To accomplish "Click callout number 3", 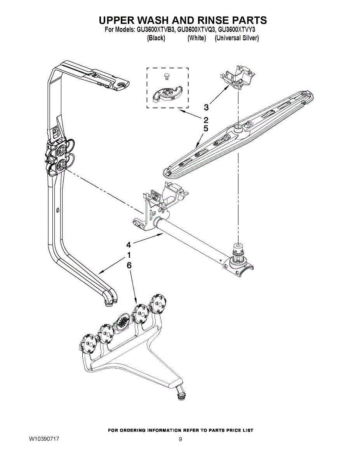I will pyautogui.click(x=206, y=107).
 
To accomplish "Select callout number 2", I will pyautogui.click(x=206, y=120).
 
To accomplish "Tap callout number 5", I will pyautogui.click(x=206, y=128).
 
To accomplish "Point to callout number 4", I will pyautogui.click(x=128, y=245).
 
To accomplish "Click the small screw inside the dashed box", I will pyautogui.click(x=167, y=76).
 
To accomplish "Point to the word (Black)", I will pyautogui.click(x=156, y=38).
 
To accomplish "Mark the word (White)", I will pyautogui.click(x=197, y=38).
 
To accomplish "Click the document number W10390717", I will pyautogui.click(x=44, y=439).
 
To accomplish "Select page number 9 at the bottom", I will pyautogui.click(x=180, y=439).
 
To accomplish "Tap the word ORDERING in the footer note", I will pyautogui.click(x=133, y=430).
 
